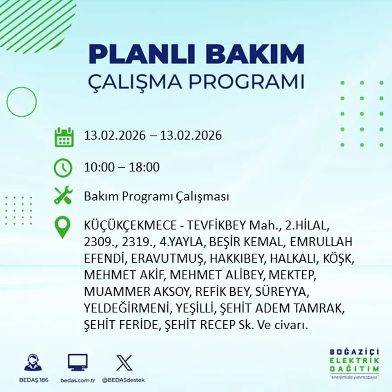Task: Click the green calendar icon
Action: [64, 137]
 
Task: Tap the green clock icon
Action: [63, 168]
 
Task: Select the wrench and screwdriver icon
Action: [63, 196]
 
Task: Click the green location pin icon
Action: [63, 227]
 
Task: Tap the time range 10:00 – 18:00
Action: [122, 168]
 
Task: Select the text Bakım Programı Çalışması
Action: [156, 196]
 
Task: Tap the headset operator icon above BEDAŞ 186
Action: [33, 363]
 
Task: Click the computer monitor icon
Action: [78, 363]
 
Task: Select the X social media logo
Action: [124, 363]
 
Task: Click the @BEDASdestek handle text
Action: [123, 380]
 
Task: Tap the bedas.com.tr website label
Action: [78, 380]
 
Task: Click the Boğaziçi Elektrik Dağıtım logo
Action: [354, 363]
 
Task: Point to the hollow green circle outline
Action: [22, 102]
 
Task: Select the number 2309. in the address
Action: [99, 242]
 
